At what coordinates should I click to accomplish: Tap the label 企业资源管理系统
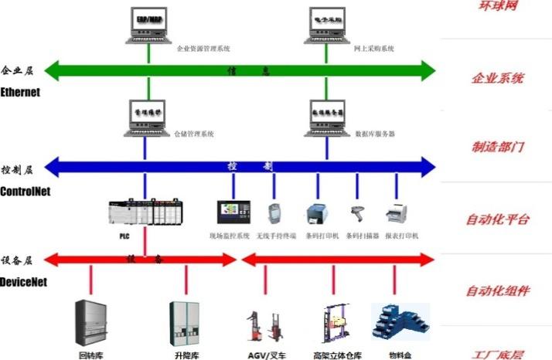pyautogui.click(x=203, y=49)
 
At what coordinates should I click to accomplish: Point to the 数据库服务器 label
pyautogui.click(x=375, y=134)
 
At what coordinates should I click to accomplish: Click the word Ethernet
pyautogui.click(x=20, y=93)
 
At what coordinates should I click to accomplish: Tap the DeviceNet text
pyautogui.click(x=23, y=283)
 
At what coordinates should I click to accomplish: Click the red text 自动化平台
pyautogui.click(x=497, y=219)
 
